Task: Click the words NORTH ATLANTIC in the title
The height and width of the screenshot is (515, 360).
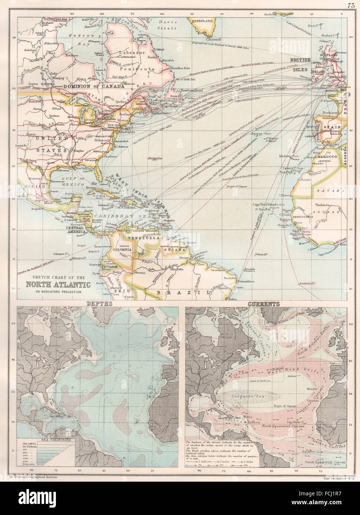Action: tap(57, 285)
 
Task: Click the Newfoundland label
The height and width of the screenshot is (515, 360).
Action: tap(190, 90)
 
